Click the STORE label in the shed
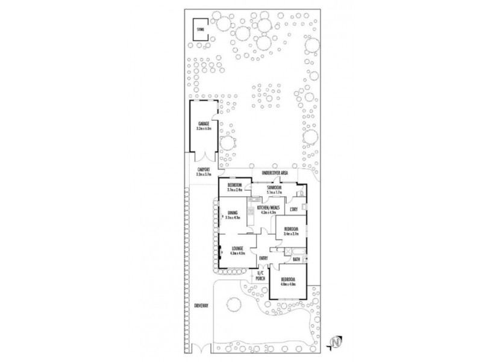coord(200,29)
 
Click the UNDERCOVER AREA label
coord(275,174)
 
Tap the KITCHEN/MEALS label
coord(268,208)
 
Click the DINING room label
coord(233,212)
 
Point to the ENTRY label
coord(263,259)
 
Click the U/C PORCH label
coord(260,276)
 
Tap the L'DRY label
coord(294,209)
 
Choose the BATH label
coord(296,260)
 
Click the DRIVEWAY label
coord(201,306)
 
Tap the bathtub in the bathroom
coord(289,250)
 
